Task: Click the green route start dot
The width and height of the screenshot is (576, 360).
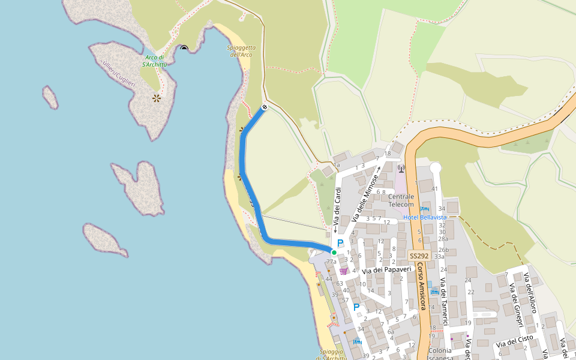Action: point(334,253)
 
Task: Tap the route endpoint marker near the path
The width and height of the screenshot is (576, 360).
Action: point(264,107)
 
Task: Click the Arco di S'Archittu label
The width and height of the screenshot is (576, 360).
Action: point(155,61)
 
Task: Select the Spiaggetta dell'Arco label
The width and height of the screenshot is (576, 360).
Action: point(242,51)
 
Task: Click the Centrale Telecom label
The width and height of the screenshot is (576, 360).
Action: point(401,200)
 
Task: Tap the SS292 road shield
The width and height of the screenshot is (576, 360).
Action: point(419,256)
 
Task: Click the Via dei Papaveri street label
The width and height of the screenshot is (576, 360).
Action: point(386,270)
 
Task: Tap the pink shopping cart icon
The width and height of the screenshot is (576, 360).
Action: point(343,271)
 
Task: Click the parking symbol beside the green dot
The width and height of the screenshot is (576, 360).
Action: point(340,243)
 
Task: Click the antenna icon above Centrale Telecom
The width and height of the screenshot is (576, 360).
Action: point(401,168)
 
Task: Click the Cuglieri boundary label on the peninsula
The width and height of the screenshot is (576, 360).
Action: point(118,73)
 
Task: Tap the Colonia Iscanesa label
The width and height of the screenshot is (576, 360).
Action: point(440,354)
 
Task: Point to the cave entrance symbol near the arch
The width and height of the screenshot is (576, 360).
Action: point(184,48)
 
